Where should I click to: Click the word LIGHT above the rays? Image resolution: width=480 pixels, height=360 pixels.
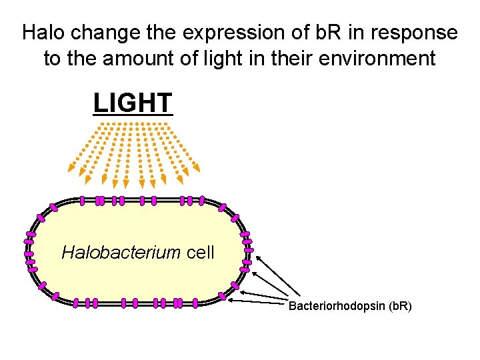coord(133,103)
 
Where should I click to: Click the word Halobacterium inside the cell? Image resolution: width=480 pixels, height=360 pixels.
coord(121,253)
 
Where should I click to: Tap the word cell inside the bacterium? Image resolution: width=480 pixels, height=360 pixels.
coord(200,253)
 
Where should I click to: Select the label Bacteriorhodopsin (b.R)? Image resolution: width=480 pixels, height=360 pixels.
coord(349,306)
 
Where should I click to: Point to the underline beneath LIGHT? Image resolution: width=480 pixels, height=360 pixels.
coord(133,115)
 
